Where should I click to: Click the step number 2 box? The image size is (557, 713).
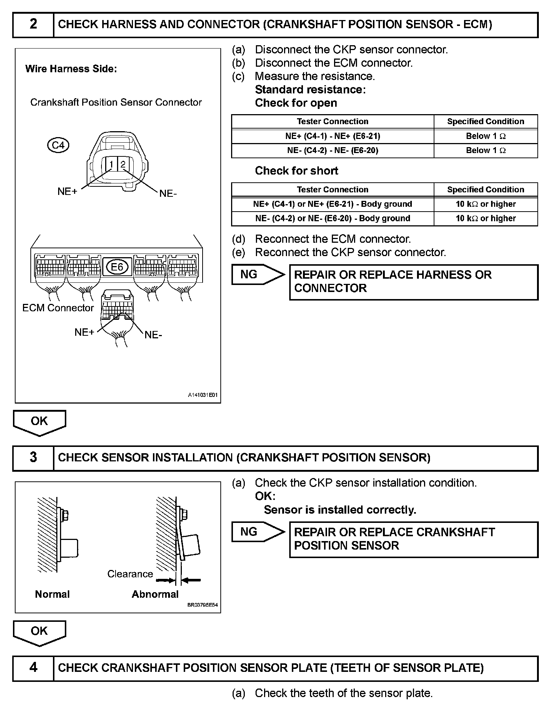tap(33, 25)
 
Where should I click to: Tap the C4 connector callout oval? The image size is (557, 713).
tap(58, 145)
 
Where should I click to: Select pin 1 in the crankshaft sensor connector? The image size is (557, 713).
tap(111, 164)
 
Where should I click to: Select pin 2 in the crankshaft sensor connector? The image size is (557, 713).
tap(123, 164)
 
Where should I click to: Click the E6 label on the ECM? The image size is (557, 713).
tap(117, 267)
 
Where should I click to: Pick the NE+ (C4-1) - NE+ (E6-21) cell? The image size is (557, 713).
tap(333, 136)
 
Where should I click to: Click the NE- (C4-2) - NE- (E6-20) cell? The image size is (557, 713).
tap(333, 150)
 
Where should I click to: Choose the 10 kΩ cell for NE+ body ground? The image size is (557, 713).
tap(486, 204)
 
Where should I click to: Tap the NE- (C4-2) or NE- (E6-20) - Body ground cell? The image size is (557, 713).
tap(333, 219)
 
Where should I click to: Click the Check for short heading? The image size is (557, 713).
tap(296, 171)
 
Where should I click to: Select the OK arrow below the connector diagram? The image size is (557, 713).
tap(39, 422)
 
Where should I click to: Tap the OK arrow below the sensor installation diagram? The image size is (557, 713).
tap(39, 632)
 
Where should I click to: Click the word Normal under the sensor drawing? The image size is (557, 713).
tap(52, 594)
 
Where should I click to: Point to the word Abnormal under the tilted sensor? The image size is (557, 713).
tap(155, 594)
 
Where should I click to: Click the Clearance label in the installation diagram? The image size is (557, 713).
tap(130, 574)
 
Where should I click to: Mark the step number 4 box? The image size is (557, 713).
tap(33, 668)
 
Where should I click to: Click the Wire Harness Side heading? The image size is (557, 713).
tap(71, 69)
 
